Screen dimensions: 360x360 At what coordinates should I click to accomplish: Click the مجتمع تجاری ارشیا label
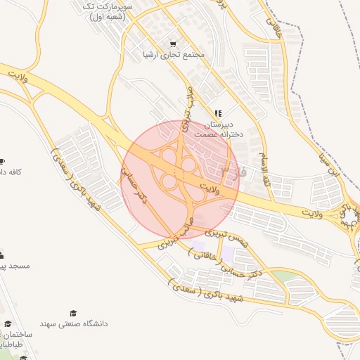click(x=173, y=55)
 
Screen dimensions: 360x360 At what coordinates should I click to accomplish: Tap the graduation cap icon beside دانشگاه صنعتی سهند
click(x=72, y=313)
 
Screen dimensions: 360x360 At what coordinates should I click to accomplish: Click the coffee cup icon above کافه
click(x=2, y=161)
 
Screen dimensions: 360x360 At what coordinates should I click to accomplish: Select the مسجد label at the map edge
click(x=4, y=266)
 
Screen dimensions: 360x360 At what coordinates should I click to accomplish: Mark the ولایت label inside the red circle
click(x=210, y=187)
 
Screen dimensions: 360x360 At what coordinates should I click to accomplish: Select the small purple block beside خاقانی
click(x=199, y=247)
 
